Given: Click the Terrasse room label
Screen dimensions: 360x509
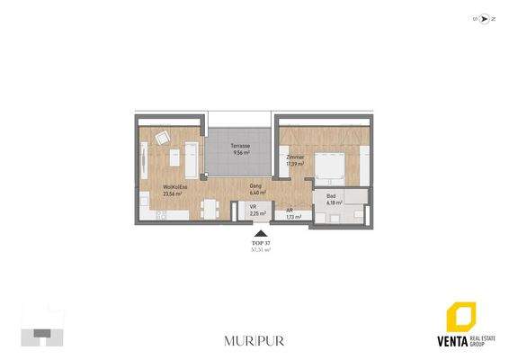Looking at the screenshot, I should click(239, 146).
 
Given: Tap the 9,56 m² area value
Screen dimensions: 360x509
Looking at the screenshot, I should click(239, 153).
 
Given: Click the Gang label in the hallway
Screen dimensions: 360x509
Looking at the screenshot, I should click(254, 185).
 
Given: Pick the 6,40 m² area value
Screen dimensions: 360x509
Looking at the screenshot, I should click(254, 193).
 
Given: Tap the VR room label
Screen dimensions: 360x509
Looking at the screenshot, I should click(254, 208).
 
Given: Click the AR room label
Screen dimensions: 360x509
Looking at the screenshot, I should click(290, 210).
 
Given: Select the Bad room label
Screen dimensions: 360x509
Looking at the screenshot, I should click(331, 195).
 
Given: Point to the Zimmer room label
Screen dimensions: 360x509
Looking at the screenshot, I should click(295, 157).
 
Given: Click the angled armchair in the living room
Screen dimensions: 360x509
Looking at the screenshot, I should click(162, 138).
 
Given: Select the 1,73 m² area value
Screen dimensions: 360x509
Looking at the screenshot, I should click(292, 217).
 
